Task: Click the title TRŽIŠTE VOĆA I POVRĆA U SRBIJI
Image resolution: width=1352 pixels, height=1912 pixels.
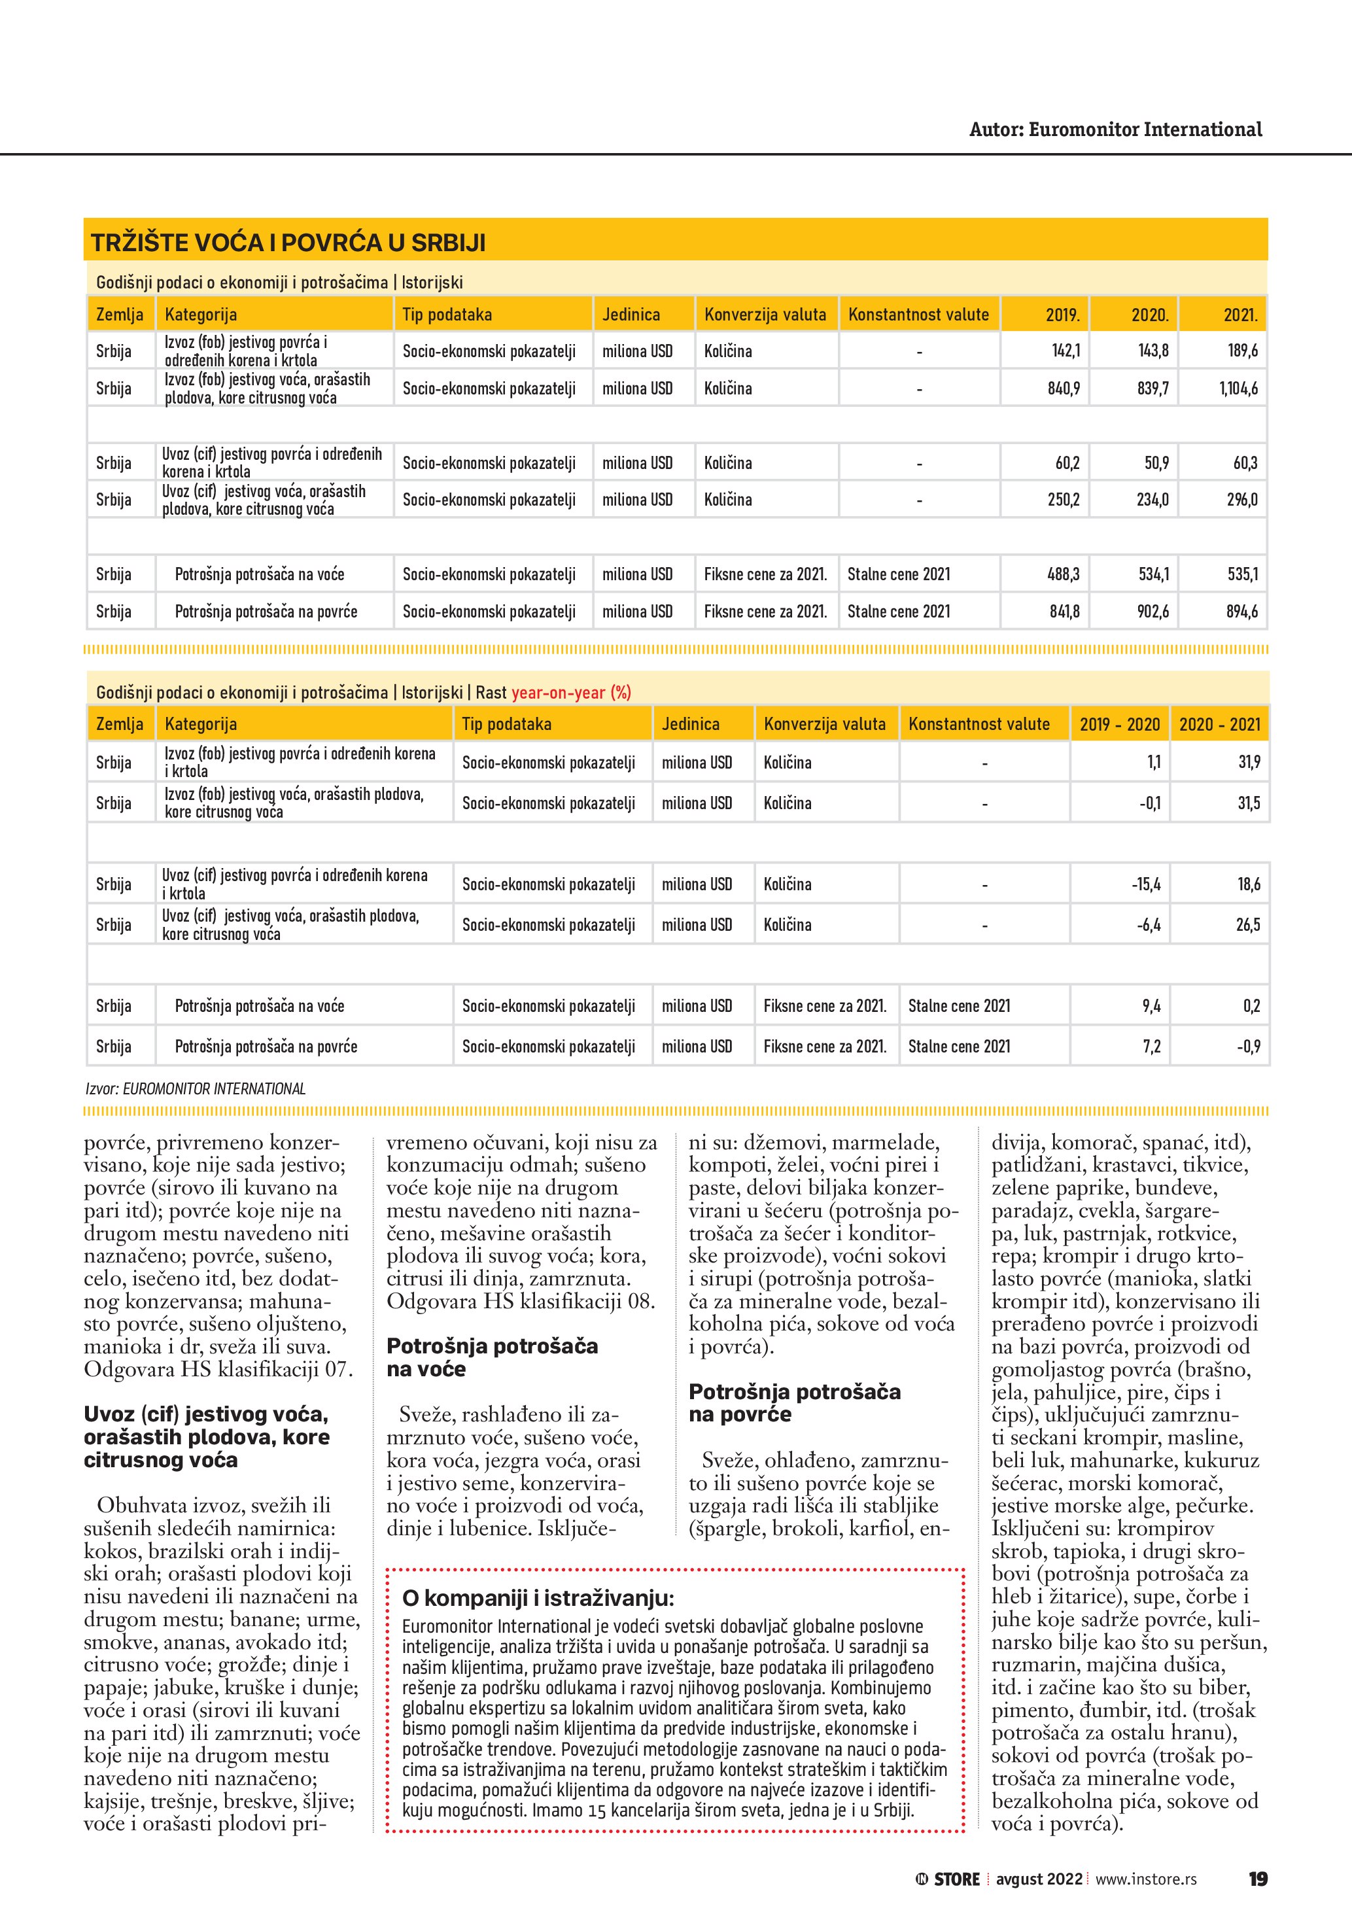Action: point(288,243)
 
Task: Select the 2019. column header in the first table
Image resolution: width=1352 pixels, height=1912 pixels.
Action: point(1062,315)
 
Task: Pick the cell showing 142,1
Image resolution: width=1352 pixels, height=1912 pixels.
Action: point(1065,351)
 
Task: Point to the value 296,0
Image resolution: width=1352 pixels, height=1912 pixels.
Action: point(1241,500)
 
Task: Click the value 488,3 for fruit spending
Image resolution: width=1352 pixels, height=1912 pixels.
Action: point(1063,574)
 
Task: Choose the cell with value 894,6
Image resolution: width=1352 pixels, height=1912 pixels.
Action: point(1241,611)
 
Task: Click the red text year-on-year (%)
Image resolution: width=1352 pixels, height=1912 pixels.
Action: point(571,692)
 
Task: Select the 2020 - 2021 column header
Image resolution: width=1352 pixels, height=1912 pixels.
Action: point(1220,723)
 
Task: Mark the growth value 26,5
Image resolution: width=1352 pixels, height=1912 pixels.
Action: point(1248,924)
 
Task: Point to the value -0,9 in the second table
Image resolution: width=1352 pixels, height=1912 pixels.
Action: point(1249,1046)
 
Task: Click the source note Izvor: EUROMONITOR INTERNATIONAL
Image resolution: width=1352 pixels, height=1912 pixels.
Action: point(196,1088)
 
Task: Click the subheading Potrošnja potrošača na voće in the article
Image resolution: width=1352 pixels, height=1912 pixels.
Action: point(492,1357)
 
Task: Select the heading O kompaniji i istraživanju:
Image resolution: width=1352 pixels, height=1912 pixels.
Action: point(538,1598)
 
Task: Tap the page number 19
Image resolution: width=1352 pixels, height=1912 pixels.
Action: point(1257,1879)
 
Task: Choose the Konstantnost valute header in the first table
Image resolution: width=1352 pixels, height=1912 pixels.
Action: point(918,315)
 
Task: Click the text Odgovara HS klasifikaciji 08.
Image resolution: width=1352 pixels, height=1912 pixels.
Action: point(520,1301)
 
